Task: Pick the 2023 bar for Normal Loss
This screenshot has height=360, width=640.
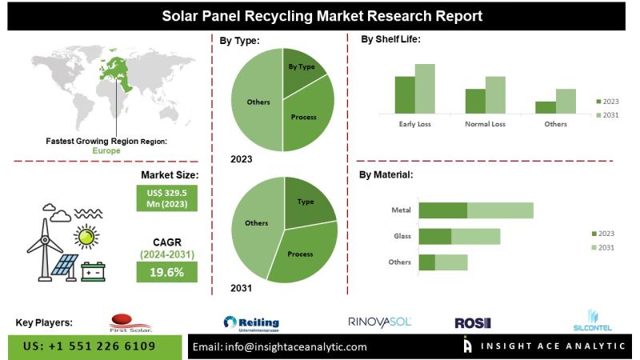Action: point(475,101)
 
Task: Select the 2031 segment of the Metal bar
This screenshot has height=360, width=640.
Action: point(500,210)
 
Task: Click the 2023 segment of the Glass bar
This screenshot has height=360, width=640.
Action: point(435,236)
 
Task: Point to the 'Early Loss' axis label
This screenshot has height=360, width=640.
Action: point(414,125)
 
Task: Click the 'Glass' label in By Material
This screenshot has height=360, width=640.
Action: point(402,236)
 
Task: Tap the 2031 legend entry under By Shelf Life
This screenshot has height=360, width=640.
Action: point(608,116)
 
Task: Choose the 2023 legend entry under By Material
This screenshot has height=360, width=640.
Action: point(602,233)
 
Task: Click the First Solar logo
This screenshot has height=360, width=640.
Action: point(130,322)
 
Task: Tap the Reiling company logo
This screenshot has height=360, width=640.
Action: point(251,322)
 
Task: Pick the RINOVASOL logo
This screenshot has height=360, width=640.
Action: point(379,322)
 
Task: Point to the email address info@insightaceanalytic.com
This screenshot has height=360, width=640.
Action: point(280,347)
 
